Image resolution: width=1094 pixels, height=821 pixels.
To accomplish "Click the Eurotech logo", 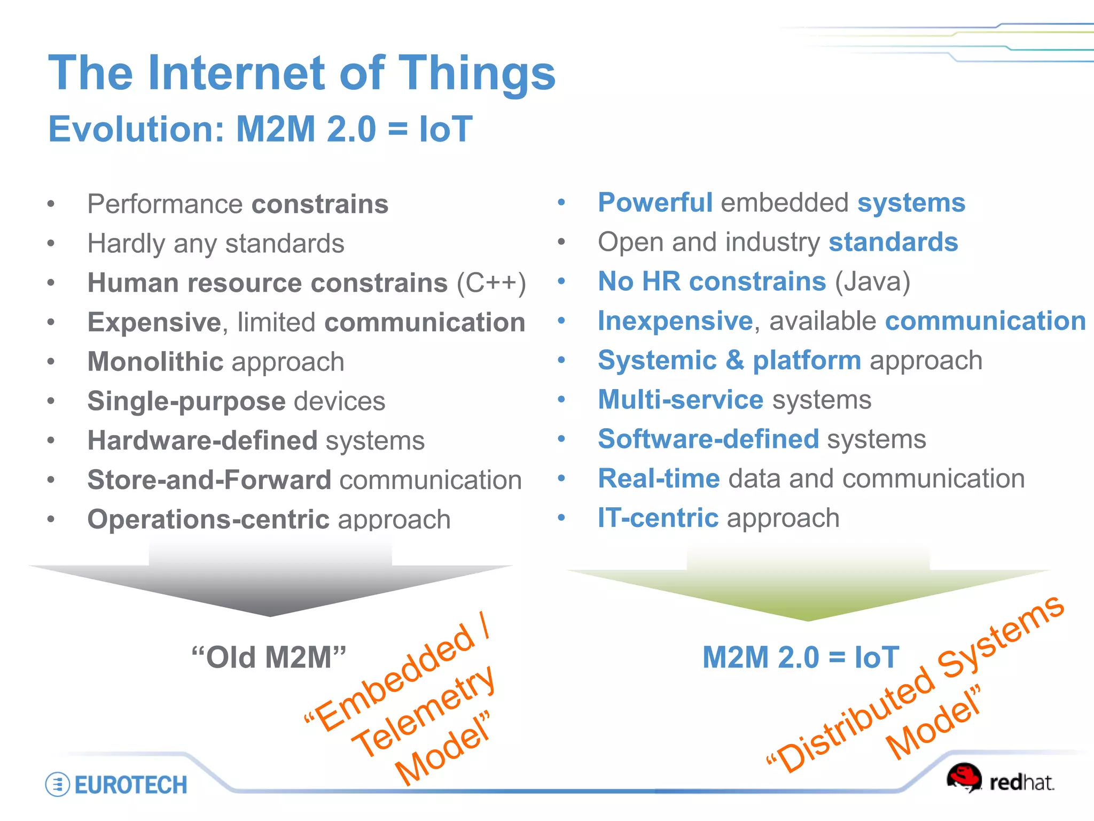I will click(x=116, y=785).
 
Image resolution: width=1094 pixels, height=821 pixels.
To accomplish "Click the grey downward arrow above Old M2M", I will click(x=270, y=583).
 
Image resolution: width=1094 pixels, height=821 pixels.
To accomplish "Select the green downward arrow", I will click(x=808, y=588).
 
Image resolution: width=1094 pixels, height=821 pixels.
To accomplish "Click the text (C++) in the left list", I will click(x=491, y=283).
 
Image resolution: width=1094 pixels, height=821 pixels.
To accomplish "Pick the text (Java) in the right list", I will click(x=872, y=281).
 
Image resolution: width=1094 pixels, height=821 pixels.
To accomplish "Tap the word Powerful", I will click(x=655, y=203).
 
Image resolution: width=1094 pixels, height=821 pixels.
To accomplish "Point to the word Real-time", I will click(x=659, y=478).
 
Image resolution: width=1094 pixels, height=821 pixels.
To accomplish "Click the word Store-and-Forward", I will click(x=209, y=480).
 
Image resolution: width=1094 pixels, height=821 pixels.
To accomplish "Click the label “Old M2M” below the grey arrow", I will click(x=269, y=657).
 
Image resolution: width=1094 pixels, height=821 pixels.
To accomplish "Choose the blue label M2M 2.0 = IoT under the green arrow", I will click(x=800, y=657).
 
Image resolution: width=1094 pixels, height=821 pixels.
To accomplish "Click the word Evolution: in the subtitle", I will click(x=137, y=129).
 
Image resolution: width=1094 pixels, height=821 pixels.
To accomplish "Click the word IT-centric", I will click(x=658, y=518).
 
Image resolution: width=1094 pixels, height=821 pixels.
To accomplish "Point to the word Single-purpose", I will click(x=186, y=401).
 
